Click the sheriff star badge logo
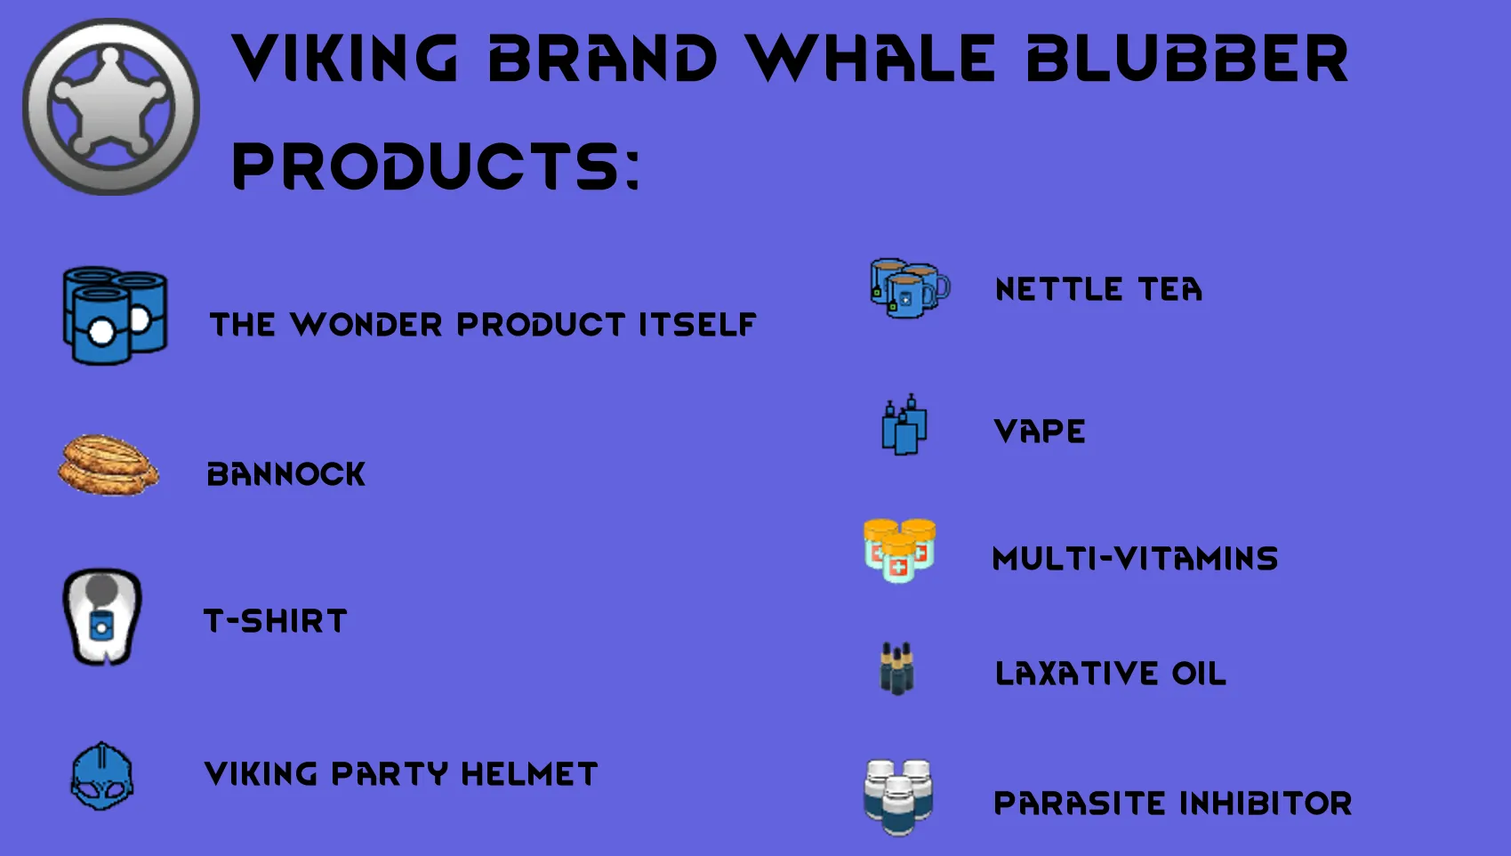pos(111,107)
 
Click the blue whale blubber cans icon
pos(116,315)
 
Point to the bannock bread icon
pos(109,465)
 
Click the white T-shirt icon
pos(102,617)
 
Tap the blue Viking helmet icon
pos(102,776)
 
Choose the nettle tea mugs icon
pos(910,288)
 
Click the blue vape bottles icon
pos(904,424)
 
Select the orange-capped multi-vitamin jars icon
pos(900,550)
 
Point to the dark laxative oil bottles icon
pos(897,668)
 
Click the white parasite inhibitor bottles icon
pos(898,797)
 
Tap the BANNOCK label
pos(286,474)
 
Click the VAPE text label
pos(1040,432)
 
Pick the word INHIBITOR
pos(1266,804)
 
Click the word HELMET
pos(529,774)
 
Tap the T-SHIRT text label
pos(275,621)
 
